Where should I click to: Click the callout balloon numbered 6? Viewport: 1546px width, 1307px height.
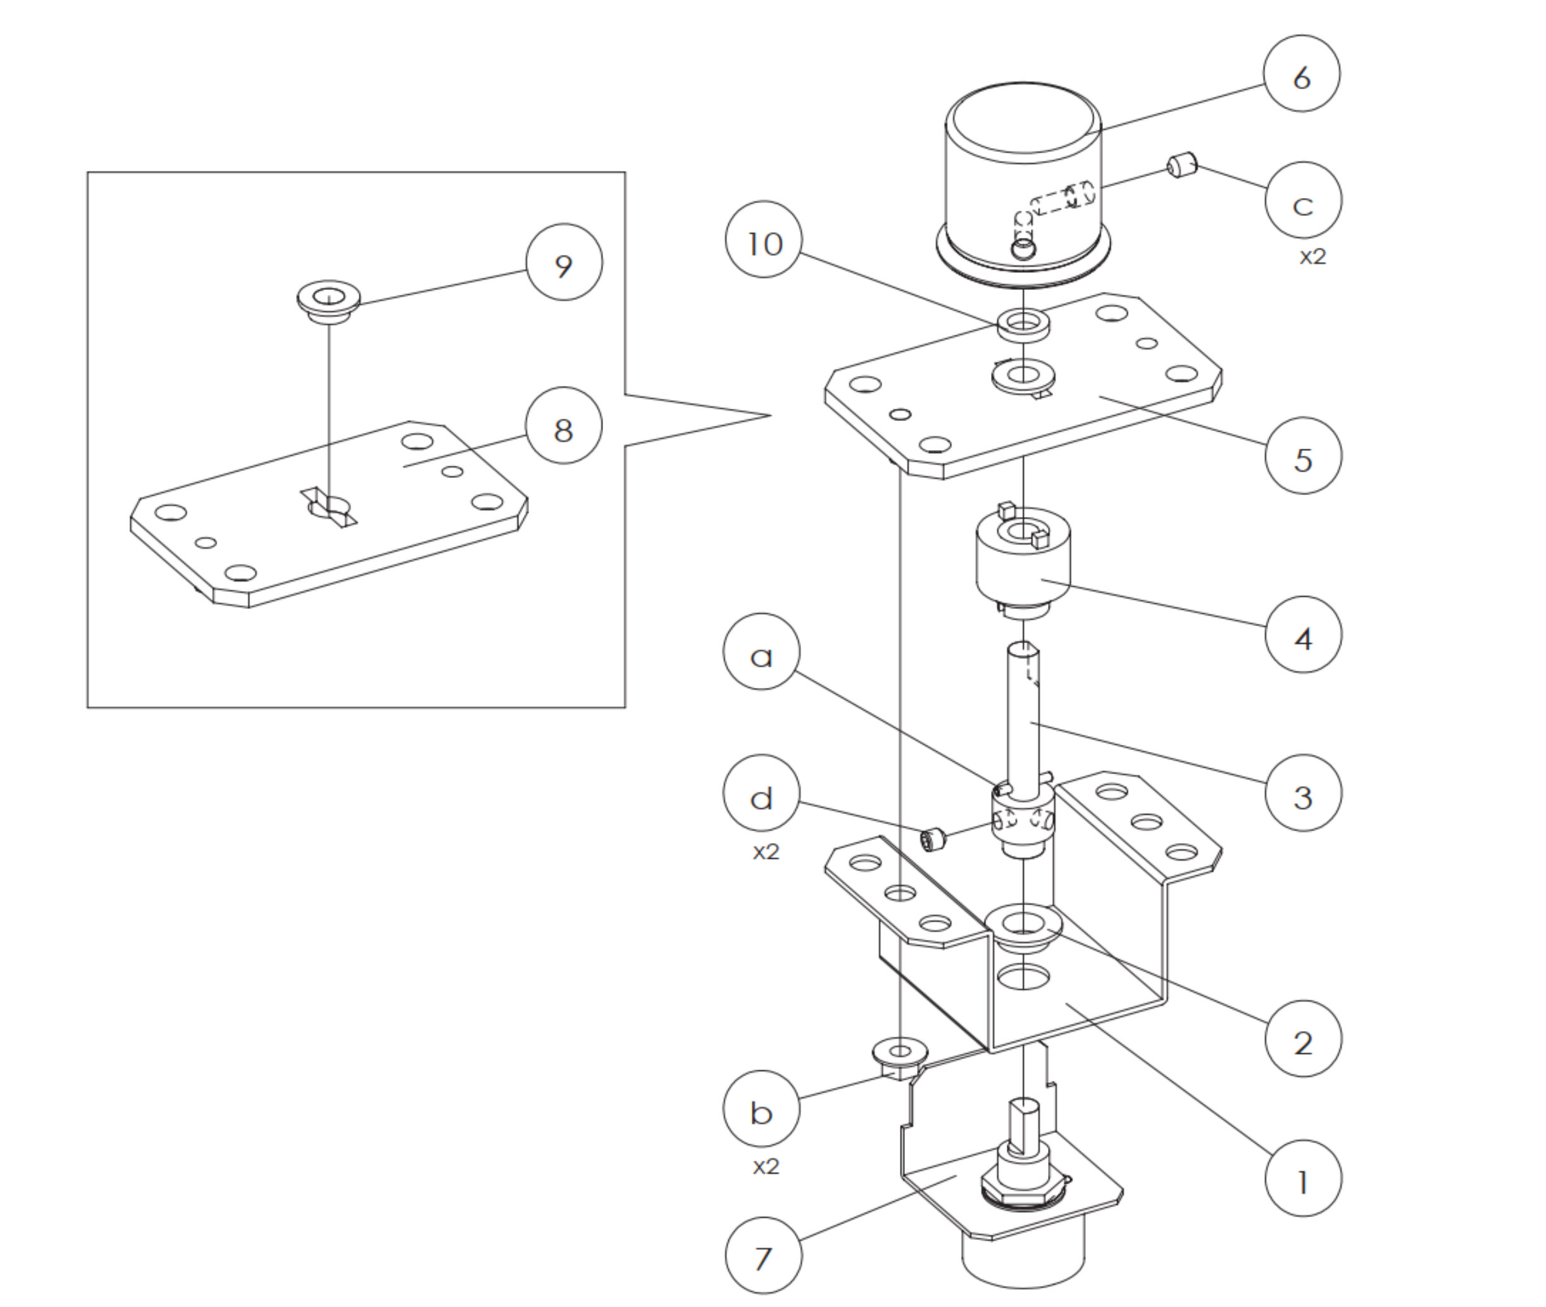point(1302,74)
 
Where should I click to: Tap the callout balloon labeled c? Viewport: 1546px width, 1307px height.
point(1303,201)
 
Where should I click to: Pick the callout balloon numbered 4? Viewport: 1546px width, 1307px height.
point(1303,635)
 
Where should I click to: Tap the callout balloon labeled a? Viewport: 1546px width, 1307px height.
point(761,652)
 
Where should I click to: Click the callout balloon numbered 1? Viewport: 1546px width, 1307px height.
point(1303,1179)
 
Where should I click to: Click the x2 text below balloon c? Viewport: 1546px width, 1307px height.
point(1312,256)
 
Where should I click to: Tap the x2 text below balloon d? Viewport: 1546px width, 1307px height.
point(766,852)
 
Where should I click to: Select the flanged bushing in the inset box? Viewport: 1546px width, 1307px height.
point(328,301)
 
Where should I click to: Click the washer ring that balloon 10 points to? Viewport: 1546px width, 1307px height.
point(1023,325)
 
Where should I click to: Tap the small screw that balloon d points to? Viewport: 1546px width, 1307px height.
point(933,839)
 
